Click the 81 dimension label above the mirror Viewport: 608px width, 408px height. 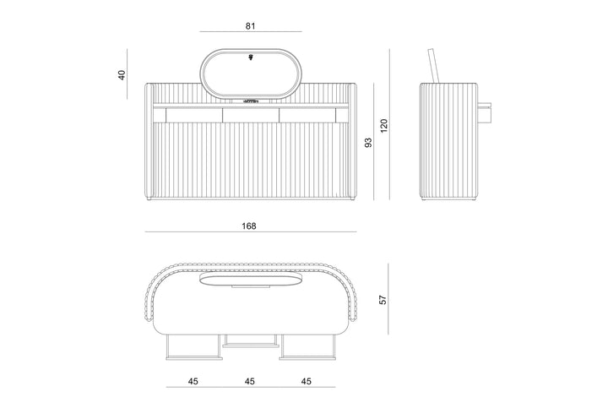pyautogui.click(x=251, y=26)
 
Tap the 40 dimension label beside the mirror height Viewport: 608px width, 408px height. pyautogui.click(x=122, y=75)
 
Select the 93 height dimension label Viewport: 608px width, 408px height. pyautogui.click(x=368, y=142)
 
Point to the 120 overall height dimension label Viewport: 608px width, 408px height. pyautogui.click(x=384, y=126)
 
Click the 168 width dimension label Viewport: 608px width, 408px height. pyautogui.click(x=249, y=226)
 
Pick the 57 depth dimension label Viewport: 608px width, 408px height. pyautogui.click(x=383, y=299)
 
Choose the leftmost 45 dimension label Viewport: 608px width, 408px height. pyautogui.click(x=193, y=381)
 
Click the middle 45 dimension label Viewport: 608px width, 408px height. pyautogui.click(x=250, y=381)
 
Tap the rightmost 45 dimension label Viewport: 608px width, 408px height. pyautogui.click(x=307, y=381)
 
